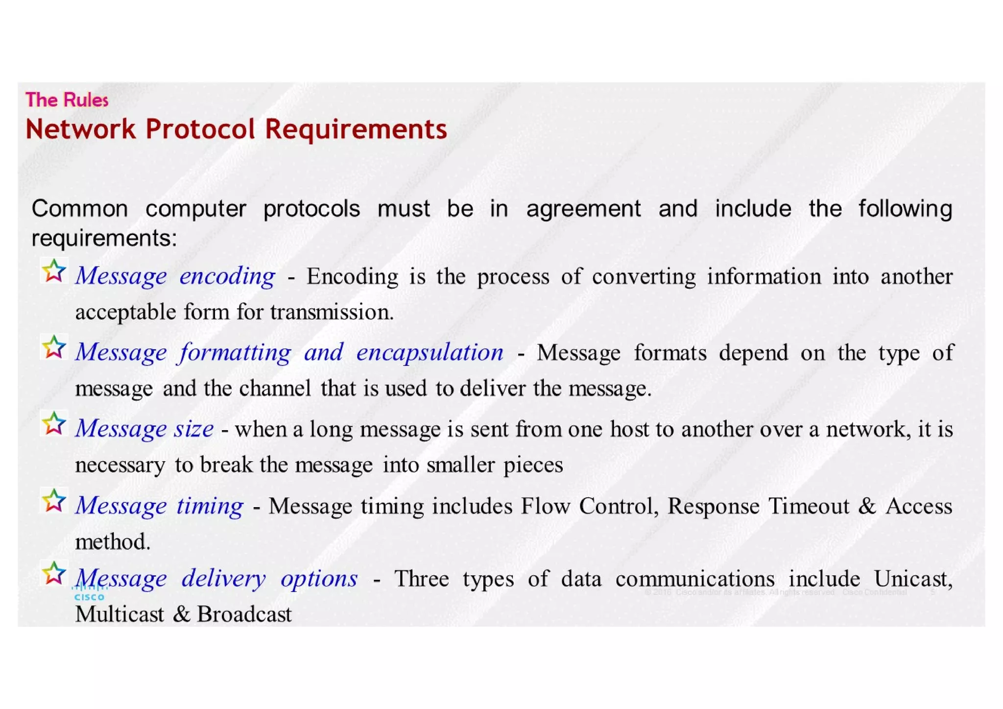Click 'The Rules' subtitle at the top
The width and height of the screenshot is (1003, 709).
click(67, 100)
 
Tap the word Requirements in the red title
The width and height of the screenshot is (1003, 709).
click(356, 129)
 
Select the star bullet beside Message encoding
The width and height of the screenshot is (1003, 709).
click(54, 271)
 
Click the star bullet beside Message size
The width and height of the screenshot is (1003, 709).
click(54, 424)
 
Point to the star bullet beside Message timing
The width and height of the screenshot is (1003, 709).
click(54, 500)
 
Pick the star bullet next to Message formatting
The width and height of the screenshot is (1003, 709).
click(54, 347)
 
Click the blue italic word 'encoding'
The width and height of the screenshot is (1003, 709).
click(227, 276)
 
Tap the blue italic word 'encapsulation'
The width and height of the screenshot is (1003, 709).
click(430, 353)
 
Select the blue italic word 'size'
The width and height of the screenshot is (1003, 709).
click(194, 429)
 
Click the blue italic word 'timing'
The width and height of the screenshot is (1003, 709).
click(210, 506)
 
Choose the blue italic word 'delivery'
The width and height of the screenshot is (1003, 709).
click(224, 579)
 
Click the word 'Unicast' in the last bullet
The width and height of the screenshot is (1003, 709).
click(913, 579)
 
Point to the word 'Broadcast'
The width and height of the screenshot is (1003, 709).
click(244, 614)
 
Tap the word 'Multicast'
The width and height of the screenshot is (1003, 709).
click(119, 614)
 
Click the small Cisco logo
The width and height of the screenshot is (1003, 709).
click(89, 594)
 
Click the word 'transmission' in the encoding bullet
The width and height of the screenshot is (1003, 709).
click(332, 312)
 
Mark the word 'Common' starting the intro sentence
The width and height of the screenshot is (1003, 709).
click(80, 209)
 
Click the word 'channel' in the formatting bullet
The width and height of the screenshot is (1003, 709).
click(275, 389)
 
